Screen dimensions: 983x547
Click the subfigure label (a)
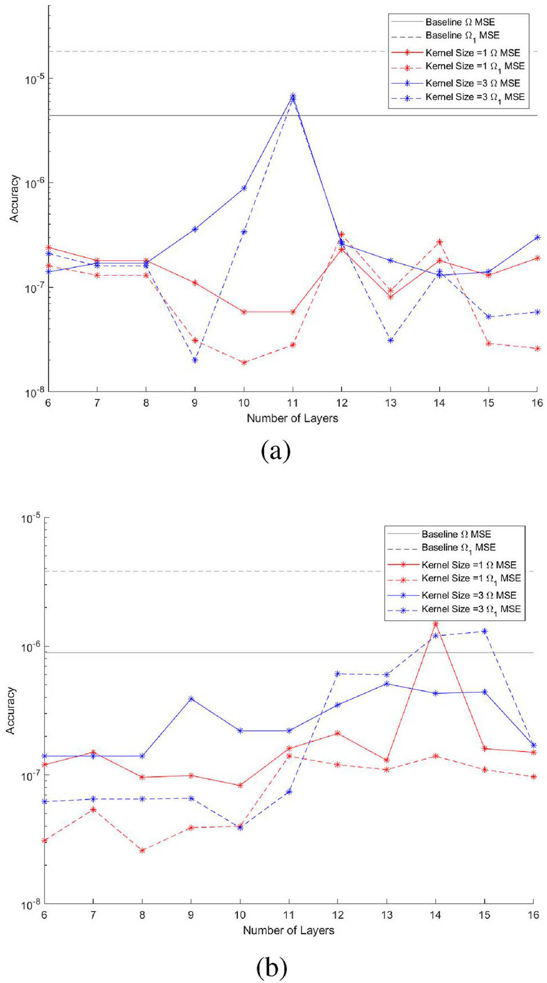pyautogui.click(x=276, y=450)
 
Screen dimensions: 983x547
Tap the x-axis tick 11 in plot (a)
pyautogui.click(x=293, y=403)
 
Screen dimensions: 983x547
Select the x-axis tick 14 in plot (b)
pyautogui.click(x=435, y=915)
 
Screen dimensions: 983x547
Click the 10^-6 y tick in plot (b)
pyautogui.click(x=30, y=647)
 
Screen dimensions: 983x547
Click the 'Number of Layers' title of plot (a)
pyautogui.click(x=292, y=418)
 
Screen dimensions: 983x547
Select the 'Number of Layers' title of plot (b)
pyautogui.click(x=288, y=930)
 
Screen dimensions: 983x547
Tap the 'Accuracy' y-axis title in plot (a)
pyautogui.click(x=14, y=198)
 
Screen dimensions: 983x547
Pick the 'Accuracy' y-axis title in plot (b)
pyautogui.click(x=11, y=710)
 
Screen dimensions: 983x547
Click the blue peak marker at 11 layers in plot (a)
pyautogui.click(x=293, y=97)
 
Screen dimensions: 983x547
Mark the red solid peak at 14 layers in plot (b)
pyautogui.click(x=435, y=624)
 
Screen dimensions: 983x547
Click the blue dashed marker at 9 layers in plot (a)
pyautogui.click(x=195, y=360)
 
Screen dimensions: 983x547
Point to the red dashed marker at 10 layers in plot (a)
pyautogui.click(x=244, y=363)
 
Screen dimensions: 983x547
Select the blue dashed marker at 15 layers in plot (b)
pyautogui.click(x=484, y=631)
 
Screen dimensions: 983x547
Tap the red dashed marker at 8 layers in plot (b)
pyautogui.click(x=142, y=850)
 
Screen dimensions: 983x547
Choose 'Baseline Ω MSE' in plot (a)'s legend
pyautogui.click(x=460, y=22)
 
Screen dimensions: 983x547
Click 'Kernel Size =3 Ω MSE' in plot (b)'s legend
pyautogui.click(x=468, y=595)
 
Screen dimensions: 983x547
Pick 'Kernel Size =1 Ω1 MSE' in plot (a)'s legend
pyautogui.click(x=475, y=66)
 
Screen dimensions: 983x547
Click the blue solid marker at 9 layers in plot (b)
pyautogui.click(x=191, y=699)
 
